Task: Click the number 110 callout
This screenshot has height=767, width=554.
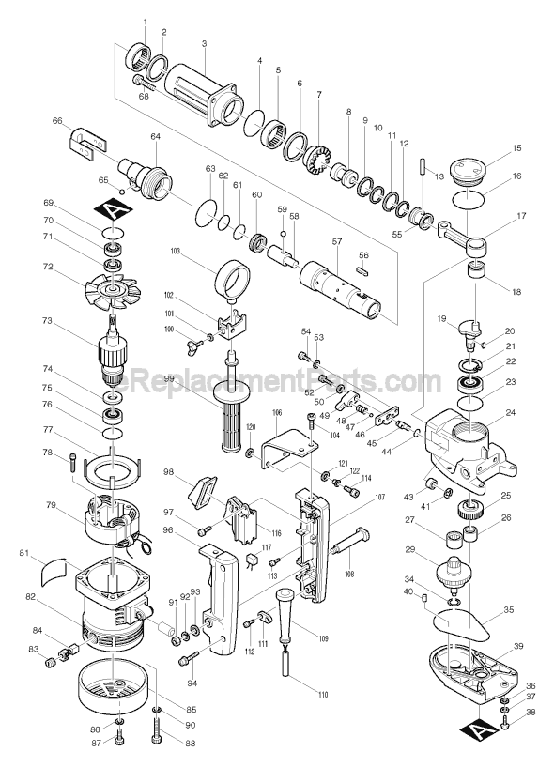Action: (x=297, y=695)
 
